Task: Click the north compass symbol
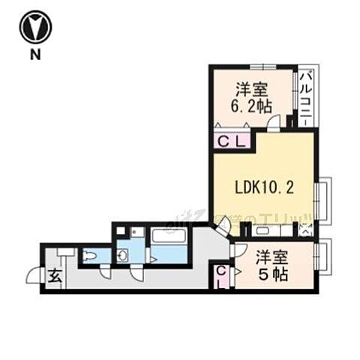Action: pos(36,28)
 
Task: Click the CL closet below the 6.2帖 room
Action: pos(230,139)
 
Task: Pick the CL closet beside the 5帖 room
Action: pos(223,277)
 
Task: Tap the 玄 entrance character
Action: pos(55,276)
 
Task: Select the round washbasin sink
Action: pos(123,256)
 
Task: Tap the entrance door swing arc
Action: pos(34,276)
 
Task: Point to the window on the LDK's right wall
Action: pos(322,199)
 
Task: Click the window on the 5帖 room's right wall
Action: pos(323,257)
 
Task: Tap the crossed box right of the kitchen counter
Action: pos(306,230)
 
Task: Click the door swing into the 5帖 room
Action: pos(239,250)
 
